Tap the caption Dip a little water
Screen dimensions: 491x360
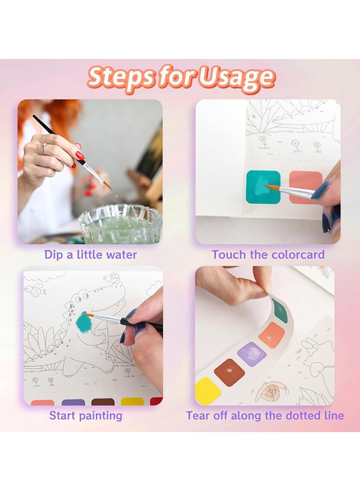90,255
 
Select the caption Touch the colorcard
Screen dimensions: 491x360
268,255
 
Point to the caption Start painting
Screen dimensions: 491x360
85,416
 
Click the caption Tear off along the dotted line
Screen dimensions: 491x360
265,416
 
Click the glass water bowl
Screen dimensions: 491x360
120,223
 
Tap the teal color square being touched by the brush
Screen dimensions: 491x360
263,187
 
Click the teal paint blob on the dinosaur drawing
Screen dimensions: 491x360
83,323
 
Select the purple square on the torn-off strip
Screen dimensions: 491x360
252,354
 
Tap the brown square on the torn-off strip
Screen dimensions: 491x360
229,372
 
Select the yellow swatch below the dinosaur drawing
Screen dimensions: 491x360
132,402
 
